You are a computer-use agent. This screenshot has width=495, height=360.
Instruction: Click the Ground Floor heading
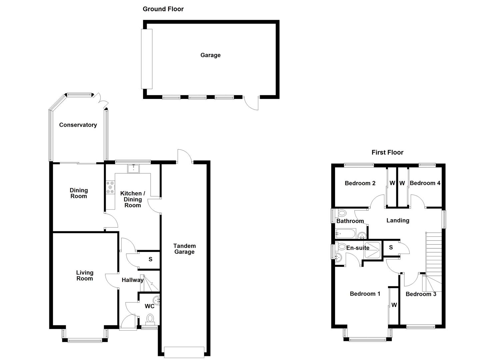(x=163, y=9)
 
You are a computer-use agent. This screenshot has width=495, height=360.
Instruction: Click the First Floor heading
(x=387, y=152)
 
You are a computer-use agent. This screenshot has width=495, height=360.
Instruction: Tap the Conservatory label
(x=78, y=125)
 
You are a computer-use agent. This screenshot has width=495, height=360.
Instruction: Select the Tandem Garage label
(x=184, y=249)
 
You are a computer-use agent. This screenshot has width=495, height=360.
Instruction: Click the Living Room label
(x=85, y=275)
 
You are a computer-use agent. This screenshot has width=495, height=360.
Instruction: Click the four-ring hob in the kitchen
(x=110, y=187)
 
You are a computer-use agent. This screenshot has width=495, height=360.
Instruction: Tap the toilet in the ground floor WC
(x=150, y=319)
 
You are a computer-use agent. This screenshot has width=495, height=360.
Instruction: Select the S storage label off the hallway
(x=150, y=259)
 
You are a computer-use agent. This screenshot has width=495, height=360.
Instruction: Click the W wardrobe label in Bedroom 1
(x=394, y=305)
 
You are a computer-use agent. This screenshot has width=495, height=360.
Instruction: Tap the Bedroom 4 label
(x=425, y=183)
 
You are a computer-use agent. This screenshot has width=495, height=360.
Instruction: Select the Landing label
(x=398, y=220)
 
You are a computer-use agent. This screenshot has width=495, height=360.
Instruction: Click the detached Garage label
(x=210, y=55)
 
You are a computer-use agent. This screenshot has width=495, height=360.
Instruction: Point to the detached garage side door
(x=252, y=103)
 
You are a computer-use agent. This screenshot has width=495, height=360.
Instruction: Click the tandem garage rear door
(x=185, y=156)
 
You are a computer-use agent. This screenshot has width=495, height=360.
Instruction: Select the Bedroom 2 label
(x=360, y=183)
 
